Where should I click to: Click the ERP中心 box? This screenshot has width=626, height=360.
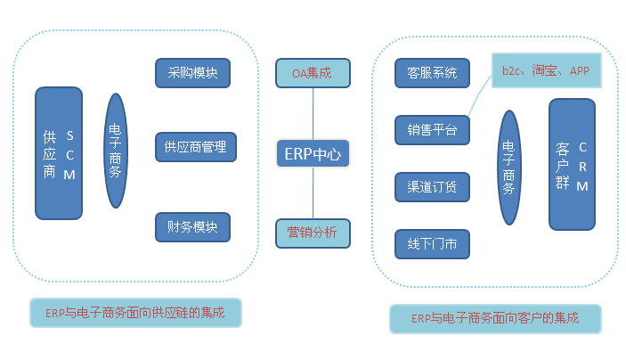click(313, 153)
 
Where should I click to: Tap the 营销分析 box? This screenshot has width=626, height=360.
click(313, 233)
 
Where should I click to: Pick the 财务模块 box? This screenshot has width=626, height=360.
click(192, 225)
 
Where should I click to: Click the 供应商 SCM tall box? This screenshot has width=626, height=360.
click(58, 153)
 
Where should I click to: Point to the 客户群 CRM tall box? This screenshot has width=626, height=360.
click(572, 165)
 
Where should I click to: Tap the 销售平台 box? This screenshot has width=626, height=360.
click(432, 130)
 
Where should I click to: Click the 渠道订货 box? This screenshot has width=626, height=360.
click(432, 187)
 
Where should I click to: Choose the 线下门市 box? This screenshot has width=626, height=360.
click(432, 244)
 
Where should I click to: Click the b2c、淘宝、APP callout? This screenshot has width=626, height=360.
click(545, 70)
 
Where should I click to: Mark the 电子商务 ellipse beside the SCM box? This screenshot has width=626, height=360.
click(116, 151)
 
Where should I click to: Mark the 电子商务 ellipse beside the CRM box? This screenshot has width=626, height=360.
click(509, 168)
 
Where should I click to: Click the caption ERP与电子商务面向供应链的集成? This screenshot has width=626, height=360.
click(136, 313)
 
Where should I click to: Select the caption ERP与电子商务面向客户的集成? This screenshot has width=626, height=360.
click(495, 318)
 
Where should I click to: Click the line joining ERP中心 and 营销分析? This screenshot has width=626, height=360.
click(313, 193)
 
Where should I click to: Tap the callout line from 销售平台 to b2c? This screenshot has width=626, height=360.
click(481, 99)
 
